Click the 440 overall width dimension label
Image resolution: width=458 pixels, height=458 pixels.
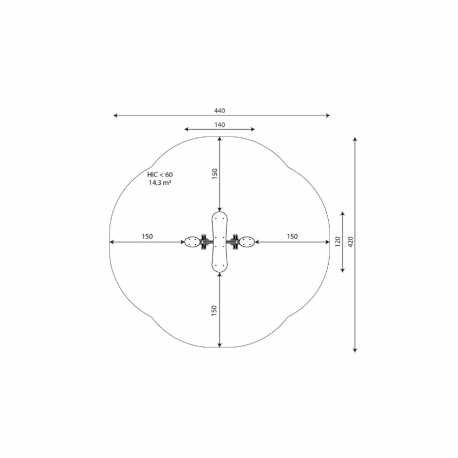tap(220, 111)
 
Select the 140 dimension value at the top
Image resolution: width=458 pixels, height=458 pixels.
tap(220, 125)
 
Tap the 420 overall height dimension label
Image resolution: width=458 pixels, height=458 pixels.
tap(351, 242)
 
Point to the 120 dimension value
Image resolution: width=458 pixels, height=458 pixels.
tap(338, 242)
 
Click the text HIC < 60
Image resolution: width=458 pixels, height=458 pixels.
tap(160, 175)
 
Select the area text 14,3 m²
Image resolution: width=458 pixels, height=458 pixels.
tap(160, 183)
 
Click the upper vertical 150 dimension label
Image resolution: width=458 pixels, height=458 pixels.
tap(215, 174)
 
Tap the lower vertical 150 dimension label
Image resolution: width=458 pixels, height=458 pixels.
tap(214, 310)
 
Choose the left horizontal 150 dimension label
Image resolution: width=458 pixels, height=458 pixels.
tap(147, 236)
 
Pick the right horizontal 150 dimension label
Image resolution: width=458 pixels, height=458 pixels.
tap(292, 236)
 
